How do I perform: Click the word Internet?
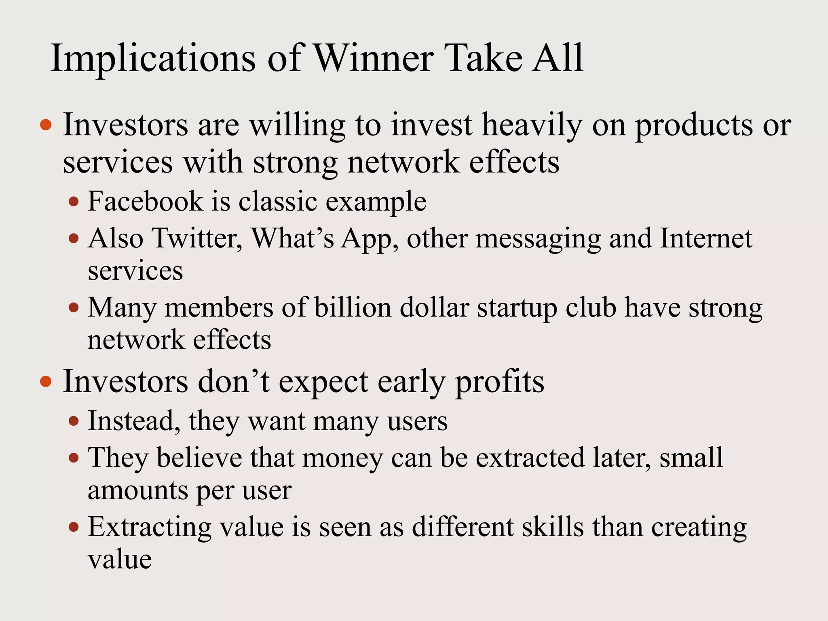point(706,238)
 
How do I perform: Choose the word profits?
point(500,382)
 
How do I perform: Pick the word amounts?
point(138,491)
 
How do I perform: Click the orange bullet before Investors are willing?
point(46,125)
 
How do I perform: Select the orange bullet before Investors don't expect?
point(46,381)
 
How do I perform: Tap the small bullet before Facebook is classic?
point(74,201)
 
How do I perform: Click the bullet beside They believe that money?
point(74,458)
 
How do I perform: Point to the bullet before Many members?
point(74,308)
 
